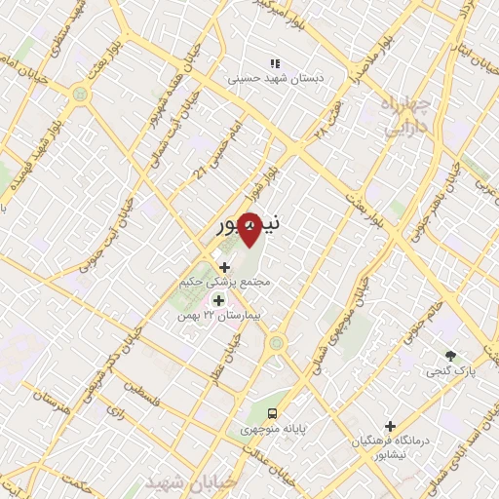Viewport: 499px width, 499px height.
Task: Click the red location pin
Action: click(x=250, y=230)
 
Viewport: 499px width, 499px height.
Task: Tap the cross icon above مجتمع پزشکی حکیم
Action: click(x=225, y=266)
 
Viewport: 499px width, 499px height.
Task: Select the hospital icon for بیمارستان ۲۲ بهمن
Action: click(x=218, y=300)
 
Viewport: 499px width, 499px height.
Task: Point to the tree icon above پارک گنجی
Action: click(x=449, y=356)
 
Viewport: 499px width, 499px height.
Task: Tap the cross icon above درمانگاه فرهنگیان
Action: click(x=390, y=426)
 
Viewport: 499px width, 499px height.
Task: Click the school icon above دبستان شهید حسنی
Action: click(x=274, y=63)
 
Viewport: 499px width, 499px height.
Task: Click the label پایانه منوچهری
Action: click(x=275, y=429)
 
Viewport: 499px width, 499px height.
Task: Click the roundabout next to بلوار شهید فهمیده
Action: click(x=79, y=96)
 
